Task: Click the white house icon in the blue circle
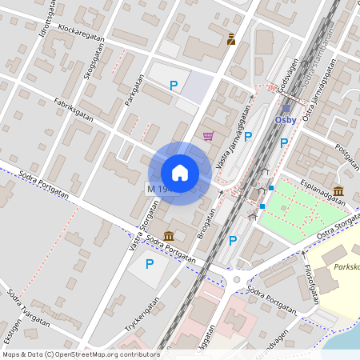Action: pyautogui.click(x=180, y=173)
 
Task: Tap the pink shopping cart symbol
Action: pyautogui.click(x=209, y=136)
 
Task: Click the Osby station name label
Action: pyautogui.click(x=286, y=120)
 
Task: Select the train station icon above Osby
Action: pyautogui.click(x=286, y=108)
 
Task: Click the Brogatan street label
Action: pyautogui.click(x=206, y=225)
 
